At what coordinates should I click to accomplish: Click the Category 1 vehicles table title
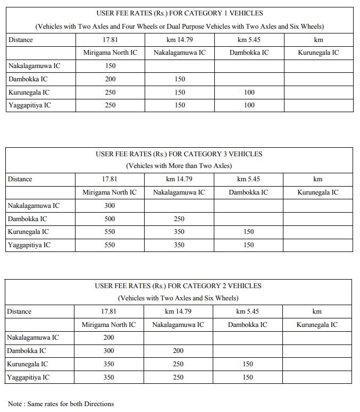coord(179,13)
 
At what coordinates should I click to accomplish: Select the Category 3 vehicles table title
coord(179,154)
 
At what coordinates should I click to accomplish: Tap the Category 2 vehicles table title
coord(178,286)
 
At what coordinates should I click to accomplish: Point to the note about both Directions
coord(61,404)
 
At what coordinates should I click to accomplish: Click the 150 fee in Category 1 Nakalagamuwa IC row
coord(110,66)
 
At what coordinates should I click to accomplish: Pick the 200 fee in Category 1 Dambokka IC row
coord(110,79)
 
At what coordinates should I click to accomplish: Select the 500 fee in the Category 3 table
coord(110,219)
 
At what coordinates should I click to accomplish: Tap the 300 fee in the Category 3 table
coord(110,206)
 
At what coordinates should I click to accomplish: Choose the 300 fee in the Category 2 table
coord(108,351)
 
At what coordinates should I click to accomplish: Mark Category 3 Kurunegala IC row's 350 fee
coord(179,232)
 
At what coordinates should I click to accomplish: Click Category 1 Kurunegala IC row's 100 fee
coord(249,93)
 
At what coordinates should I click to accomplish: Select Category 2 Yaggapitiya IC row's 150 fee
coord(248,377)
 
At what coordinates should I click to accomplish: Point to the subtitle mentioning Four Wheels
coord(179,27)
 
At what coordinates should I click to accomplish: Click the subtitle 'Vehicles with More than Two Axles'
coord(179,166)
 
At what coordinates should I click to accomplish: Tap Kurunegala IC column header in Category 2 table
coord(317,325)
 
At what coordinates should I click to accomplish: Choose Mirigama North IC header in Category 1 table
coord(110,53)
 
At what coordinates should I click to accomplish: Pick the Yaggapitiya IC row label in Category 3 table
coord(29,245)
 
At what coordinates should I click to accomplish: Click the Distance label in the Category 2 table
coord(19,312)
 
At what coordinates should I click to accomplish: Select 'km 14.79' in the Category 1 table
coord(179,40)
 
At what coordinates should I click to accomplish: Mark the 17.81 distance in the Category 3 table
coord(110,179)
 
